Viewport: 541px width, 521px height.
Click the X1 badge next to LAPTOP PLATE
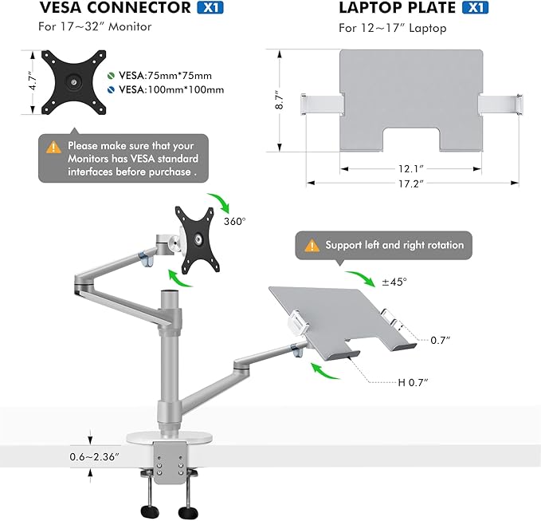click(474, 10)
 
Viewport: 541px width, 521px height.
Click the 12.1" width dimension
click(410, 169)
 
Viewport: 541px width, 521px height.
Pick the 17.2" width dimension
click(412, 184)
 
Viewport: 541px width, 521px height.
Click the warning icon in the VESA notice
click(53, 147)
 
